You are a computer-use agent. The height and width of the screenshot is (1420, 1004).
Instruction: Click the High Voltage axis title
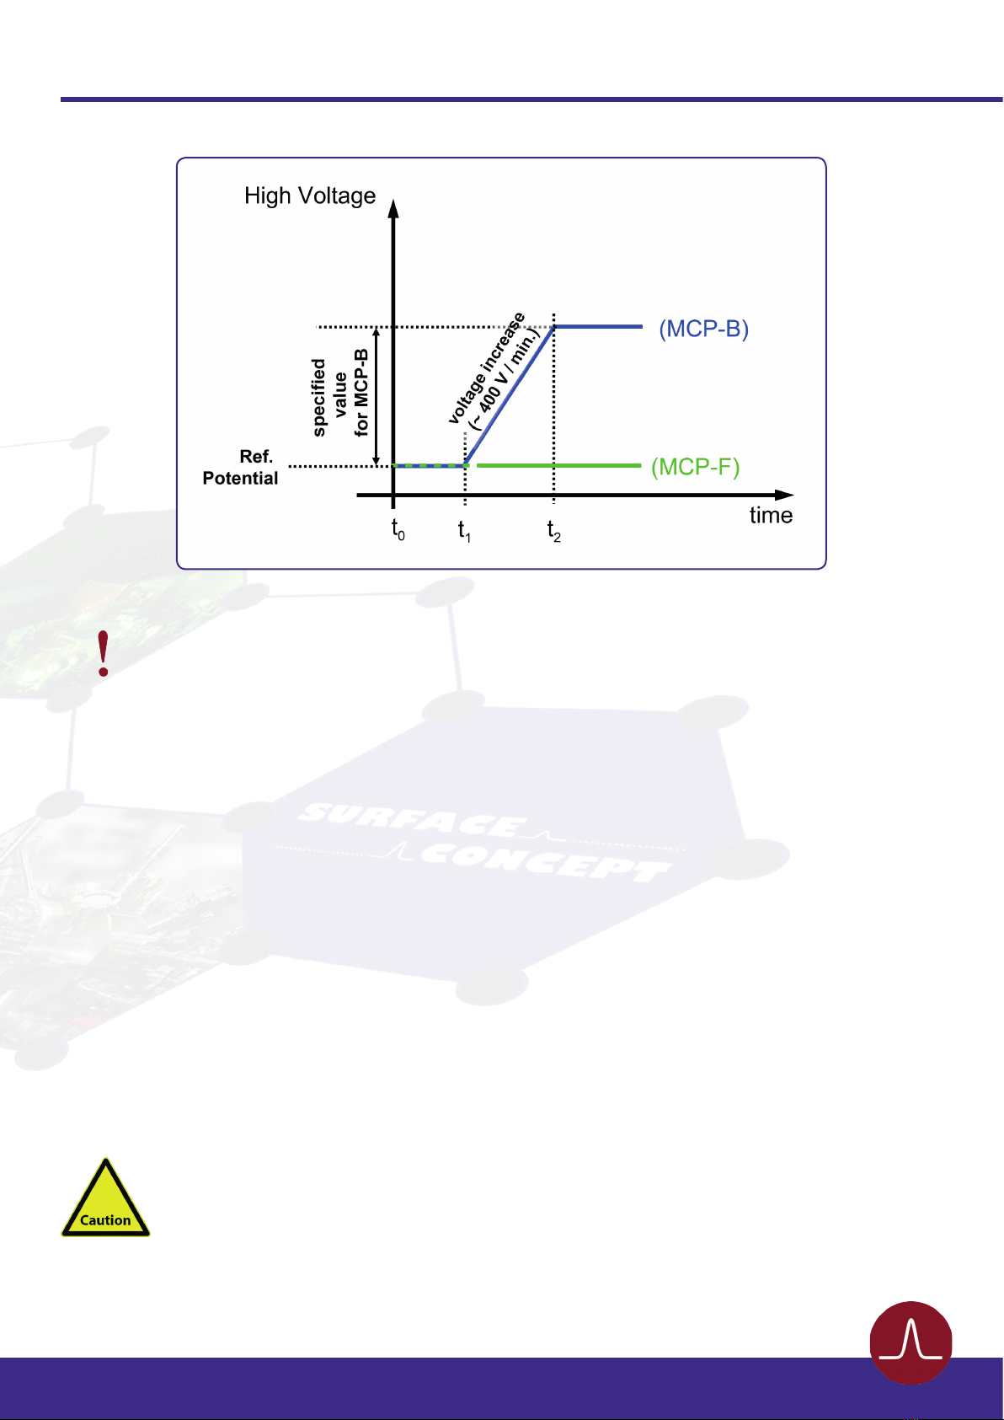coord(310,196)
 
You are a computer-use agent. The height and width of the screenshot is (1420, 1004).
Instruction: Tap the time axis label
coord(771,516)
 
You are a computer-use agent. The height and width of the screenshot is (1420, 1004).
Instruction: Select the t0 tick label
coord(398,530)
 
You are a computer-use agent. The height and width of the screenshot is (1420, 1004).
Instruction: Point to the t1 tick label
coord(464,530)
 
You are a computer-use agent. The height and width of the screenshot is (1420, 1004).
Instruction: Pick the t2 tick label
coord(553,530)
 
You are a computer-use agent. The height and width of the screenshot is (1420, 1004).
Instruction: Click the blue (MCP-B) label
coord(703,329)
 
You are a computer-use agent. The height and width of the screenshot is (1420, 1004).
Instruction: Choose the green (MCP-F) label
coord(695,467)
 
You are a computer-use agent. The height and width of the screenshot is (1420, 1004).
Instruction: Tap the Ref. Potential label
coord(241,468)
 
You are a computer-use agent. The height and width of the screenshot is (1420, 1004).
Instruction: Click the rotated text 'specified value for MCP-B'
coord(340,397)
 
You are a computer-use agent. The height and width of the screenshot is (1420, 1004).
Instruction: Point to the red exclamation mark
coord(104,654)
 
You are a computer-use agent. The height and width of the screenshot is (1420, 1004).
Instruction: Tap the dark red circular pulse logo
coord(911,1342)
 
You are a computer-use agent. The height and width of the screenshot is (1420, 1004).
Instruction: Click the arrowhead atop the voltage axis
coord(393,207)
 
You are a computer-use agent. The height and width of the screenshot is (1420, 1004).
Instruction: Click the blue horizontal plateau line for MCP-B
coord(598,326)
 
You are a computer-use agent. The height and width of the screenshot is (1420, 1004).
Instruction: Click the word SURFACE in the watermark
coord(413,822)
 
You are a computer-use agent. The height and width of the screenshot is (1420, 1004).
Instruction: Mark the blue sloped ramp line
coord(510,395)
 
